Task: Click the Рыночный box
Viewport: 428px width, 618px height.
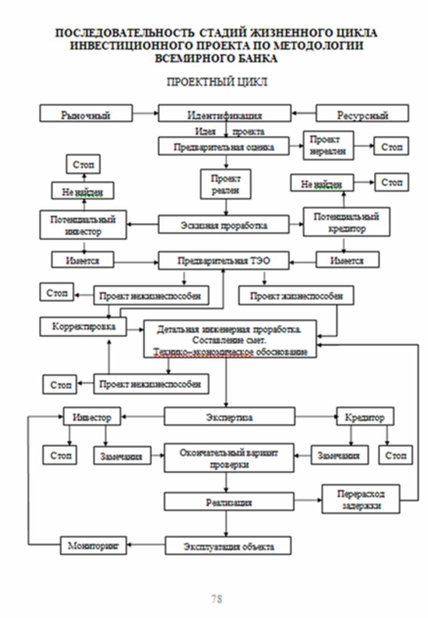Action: [86, 114]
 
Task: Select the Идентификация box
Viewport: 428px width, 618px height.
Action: [224, 114]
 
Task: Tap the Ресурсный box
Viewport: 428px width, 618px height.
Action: [362, 114]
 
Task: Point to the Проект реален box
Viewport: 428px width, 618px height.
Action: [226, 184]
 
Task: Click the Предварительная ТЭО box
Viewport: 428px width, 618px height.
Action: [224, 260]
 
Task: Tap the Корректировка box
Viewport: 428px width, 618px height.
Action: [84, 327]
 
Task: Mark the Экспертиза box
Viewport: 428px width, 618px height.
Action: [229, 417]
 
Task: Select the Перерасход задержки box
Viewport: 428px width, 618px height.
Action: [360, 499]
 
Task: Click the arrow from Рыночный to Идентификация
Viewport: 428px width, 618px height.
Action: [145, 113]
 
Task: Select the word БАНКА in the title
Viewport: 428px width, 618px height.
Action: [248, 59]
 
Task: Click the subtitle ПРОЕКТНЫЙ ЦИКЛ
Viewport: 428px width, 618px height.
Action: [217, 82]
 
